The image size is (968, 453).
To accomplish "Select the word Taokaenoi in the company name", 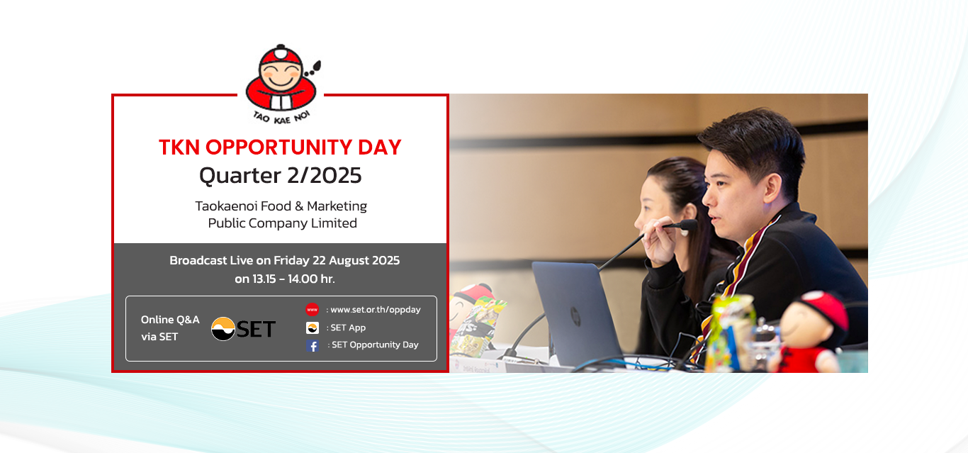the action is pyautogui.click(x=226, y=206).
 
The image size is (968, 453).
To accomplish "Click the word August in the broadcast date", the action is pyautogui.click(x=349, y=261).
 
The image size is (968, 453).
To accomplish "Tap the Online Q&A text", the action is pyautogui.click(x=170, y=320).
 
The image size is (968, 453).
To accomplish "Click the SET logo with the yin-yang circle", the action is pyautogui.click(x=243, y=329).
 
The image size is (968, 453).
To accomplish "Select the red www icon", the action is pyautogui.click(x=312, y=310).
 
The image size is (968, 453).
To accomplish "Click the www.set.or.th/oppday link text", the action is pyautogui.click(x=376, y=310).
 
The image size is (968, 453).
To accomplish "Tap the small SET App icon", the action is pyautogui.click(x=313, y=328).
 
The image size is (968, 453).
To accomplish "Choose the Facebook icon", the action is pyautogui.click(x=313, y=346).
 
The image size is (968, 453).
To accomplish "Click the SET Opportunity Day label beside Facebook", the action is pyautogui.click(x=375, y=345).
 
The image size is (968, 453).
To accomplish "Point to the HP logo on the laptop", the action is pyautogui.click(x=575, y=316).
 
